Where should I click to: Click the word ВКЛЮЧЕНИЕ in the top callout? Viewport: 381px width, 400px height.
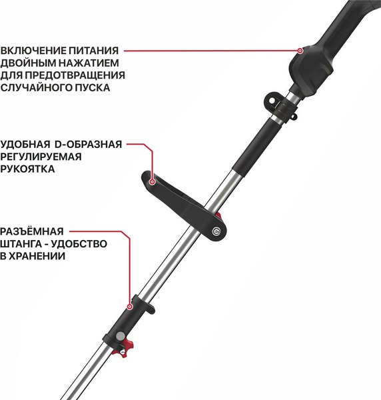pos(34,50)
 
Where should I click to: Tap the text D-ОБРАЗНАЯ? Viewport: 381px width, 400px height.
pos(88,145)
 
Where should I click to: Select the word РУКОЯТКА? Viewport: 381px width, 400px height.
pos(28,169)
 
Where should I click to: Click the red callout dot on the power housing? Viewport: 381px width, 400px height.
pos(300,50)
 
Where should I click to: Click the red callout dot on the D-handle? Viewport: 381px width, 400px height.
pos(152,181)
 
